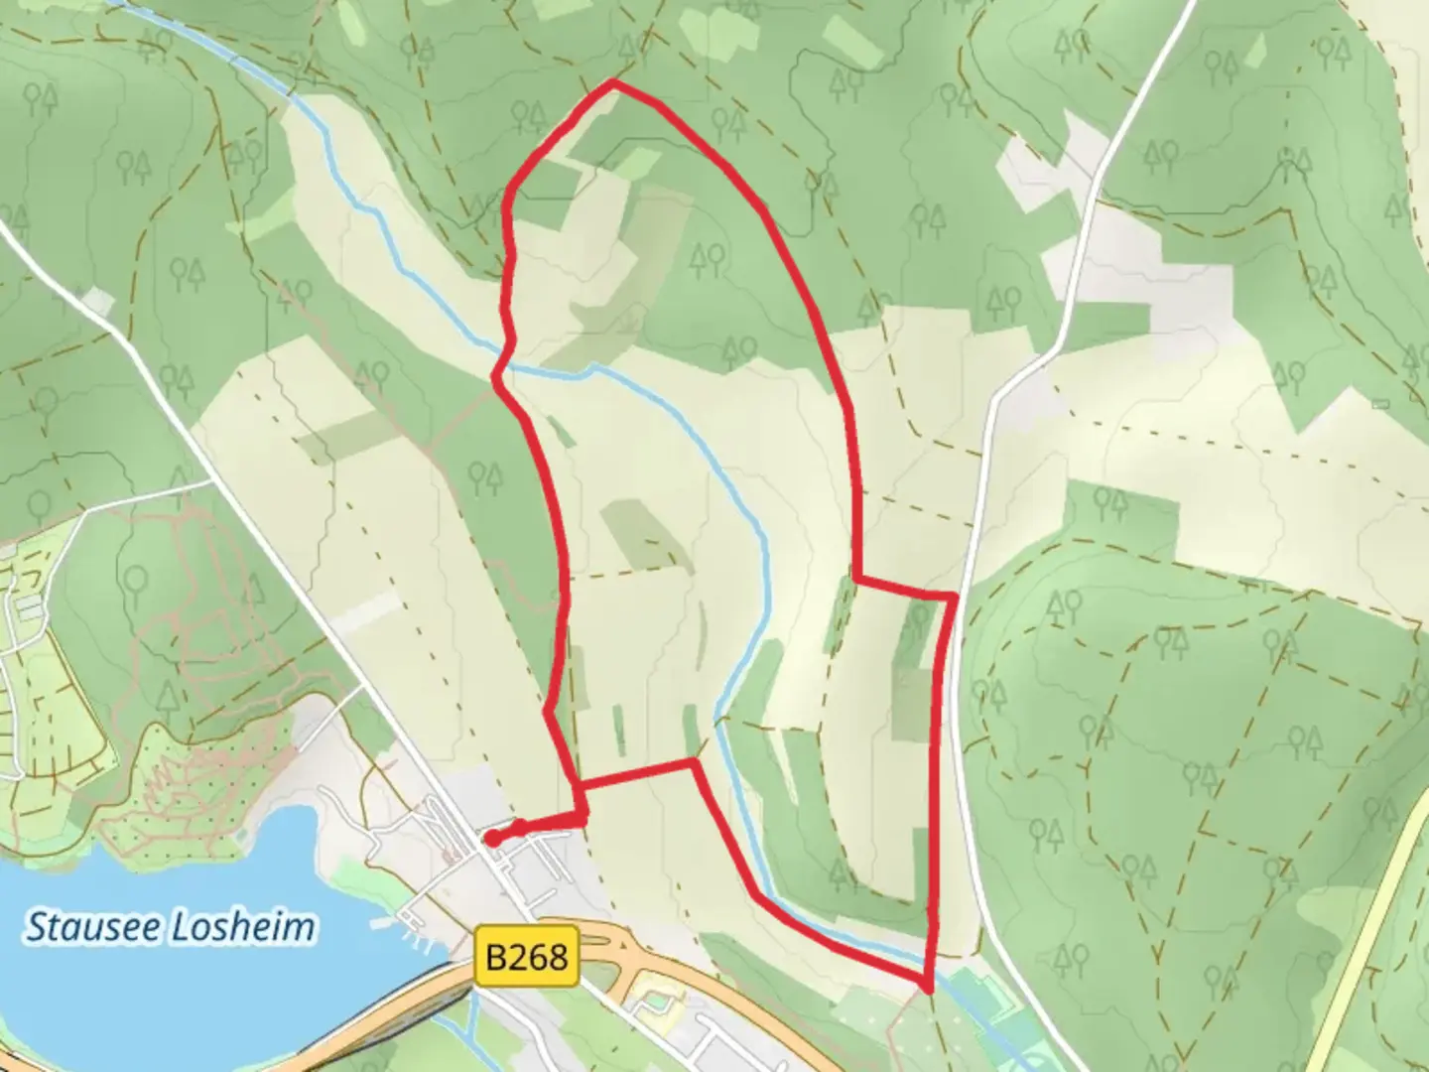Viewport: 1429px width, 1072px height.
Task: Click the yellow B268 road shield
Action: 526,957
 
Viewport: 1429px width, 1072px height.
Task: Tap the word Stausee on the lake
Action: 94,927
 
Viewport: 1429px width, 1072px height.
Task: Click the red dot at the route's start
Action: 491,839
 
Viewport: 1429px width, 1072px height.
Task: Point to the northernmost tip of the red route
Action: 615,83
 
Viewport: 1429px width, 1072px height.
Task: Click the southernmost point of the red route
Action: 927,988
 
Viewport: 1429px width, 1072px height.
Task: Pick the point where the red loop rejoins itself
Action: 580,786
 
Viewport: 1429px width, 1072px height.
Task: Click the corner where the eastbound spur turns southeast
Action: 693,762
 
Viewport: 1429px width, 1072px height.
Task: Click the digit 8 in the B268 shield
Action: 559,957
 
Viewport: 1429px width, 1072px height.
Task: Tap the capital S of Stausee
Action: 36,928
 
